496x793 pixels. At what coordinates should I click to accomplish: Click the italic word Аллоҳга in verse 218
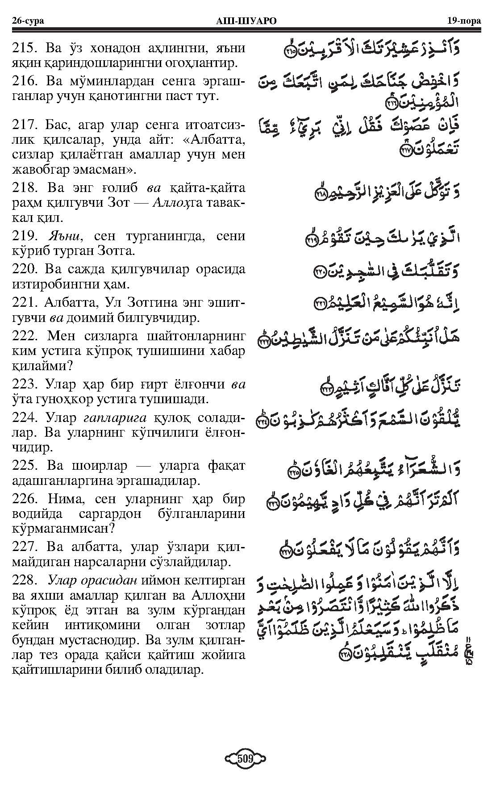point(177,203)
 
